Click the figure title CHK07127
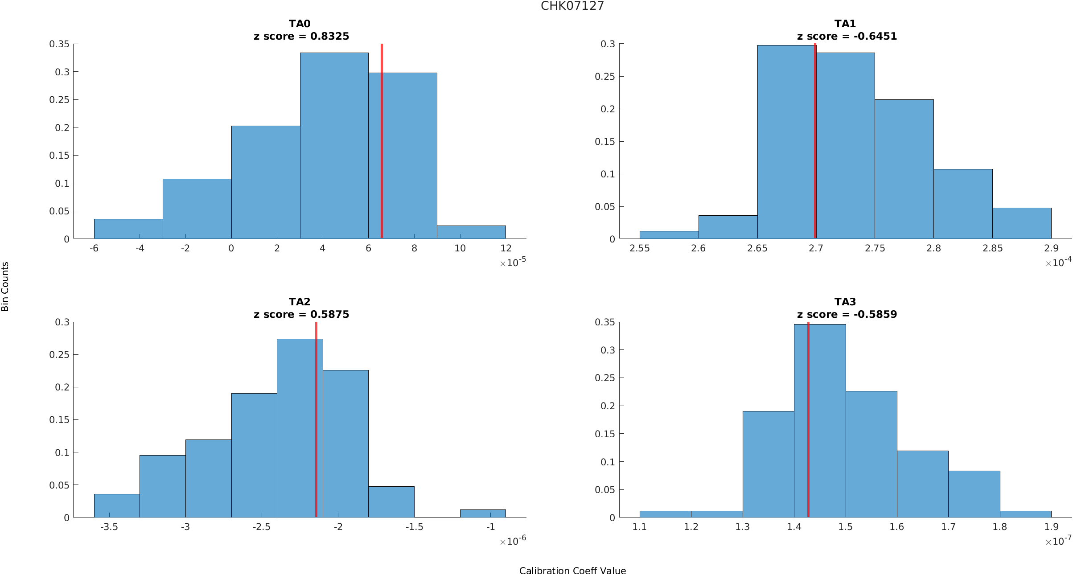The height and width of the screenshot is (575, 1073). (572, 6)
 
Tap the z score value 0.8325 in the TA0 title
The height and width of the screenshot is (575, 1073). (329, 36)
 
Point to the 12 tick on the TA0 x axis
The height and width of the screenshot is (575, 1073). (506, 248)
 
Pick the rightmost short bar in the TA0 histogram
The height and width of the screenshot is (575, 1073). (471, 232)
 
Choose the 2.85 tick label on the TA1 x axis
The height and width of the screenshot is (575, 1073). (992, 248)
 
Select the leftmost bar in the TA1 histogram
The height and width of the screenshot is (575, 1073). (669, 234)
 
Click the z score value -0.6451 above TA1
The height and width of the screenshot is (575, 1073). (875, 36)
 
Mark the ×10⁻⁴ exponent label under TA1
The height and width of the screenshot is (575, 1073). (1058, 263)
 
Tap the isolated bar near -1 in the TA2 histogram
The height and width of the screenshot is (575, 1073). (483, 513)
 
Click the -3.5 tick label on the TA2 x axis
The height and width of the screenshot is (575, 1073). (109, 527)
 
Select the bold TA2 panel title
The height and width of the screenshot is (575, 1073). (299, 302)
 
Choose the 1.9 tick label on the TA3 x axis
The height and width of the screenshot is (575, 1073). (1051, 527)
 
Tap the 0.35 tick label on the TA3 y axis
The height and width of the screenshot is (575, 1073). (604, 322)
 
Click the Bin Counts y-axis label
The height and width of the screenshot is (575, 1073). (5, 286)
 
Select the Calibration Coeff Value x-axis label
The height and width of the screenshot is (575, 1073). (572, 571)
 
